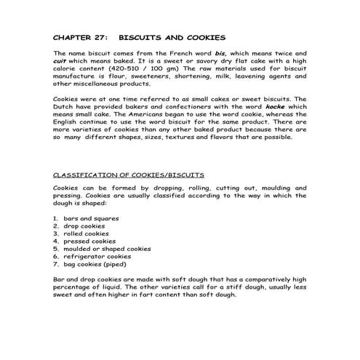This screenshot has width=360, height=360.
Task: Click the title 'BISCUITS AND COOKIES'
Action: pos(172,36)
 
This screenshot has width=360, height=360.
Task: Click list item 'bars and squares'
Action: pos(91,218)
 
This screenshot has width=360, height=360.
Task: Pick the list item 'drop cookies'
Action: pos(84,226)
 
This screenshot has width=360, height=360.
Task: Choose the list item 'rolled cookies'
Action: pos(87,233)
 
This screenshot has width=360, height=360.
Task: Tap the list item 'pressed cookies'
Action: pos(89,241)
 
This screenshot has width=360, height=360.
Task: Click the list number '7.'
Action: pos(57,264)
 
